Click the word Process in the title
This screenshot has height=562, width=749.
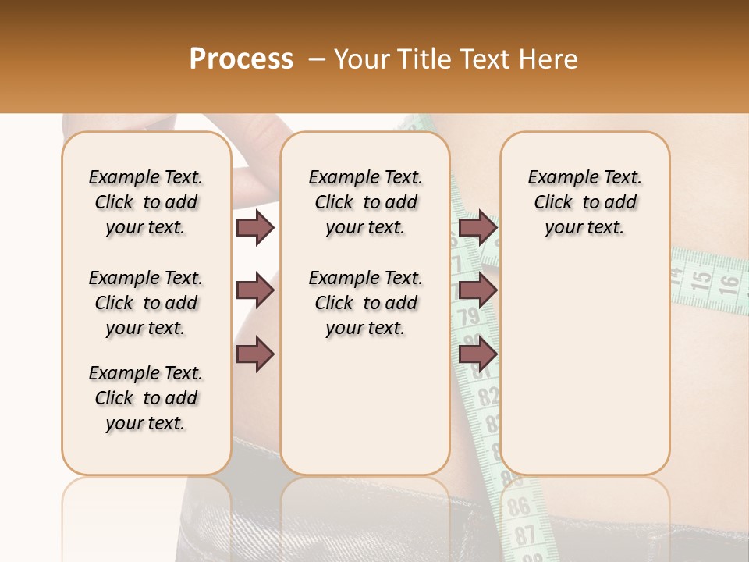click(x=241, y=59)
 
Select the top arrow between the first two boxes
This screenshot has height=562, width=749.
click(x=255, y=227)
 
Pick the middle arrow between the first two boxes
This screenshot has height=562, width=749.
click(x=255, y=291)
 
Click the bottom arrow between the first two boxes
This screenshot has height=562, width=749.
click(x=255, y=354)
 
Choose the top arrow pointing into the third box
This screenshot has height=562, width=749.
click(x=477, y=227)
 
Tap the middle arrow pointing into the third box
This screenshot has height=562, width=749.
click(x=477, y=291)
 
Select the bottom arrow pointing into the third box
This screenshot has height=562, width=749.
click(x=477, y=354)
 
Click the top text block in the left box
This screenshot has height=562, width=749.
click(x=146, y=202)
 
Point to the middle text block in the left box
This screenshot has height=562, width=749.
click(x=146, y=303)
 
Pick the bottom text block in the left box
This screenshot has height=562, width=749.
click(x=146, y=398)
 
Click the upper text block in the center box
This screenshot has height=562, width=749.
click(x=365, y=202)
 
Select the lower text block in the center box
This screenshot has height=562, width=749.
click(x=365, y=303)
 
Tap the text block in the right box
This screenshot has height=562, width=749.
click(x=584, y=202)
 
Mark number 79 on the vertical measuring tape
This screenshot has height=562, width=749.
click(x=468, y=318)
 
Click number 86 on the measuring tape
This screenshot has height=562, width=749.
click(x=518, y=507)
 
